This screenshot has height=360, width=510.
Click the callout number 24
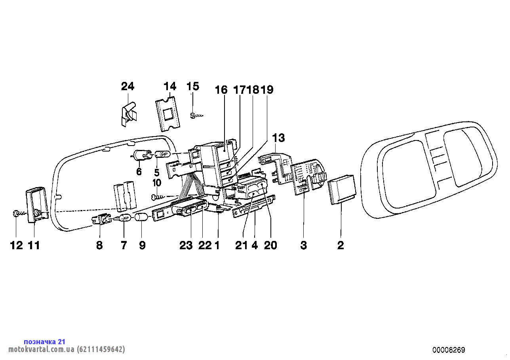(127, 86)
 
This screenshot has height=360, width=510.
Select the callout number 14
(169, 86)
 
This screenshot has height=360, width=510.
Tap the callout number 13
(278, 138)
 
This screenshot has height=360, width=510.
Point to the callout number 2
(341, 245)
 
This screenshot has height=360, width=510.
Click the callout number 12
(16, 245)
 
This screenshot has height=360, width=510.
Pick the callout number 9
(142, 245)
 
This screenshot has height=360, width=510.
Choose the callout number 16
(221, 90)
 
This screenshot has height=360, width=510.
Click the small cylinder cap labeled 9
(141, 218)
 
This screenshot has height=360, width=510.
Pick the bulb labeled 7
(124, 218)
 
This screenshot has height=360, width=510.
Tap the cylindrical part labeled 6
(141, 155)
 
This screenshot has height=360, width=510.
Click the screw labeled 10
(158, 196)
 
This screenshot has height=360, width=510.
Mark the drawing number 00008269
(449, 350)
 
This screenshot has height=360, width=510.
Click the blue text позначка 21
(44, 341)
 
